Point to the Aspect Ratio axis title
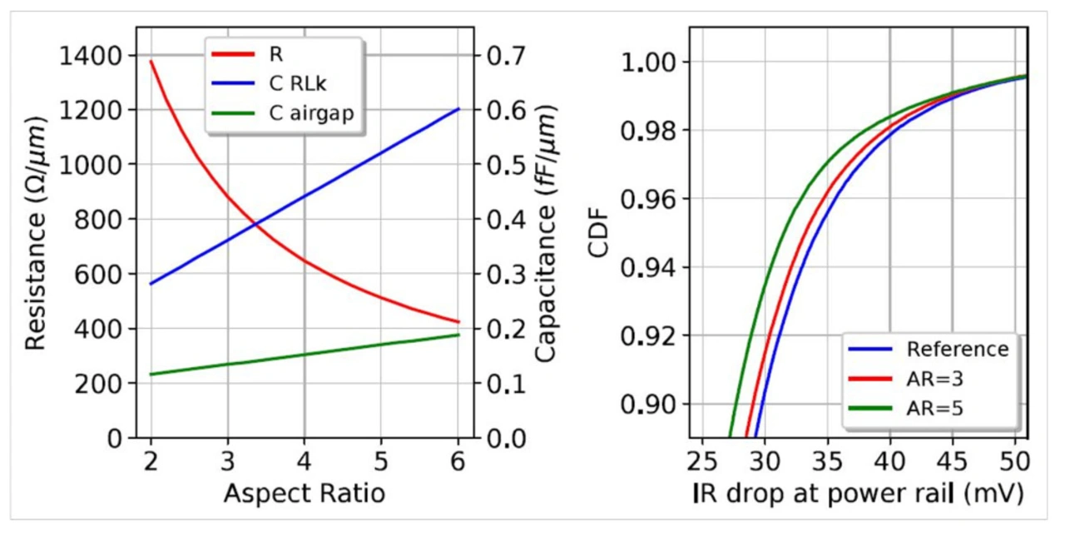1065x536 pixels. (304, 494)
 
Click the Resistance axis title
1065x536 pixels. (34, 233)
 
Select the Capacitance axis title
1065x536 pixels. (546, 234)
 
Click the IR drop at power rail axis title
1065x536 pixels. (858, 494)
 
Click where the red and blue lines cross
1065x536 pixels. (256, 223)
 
